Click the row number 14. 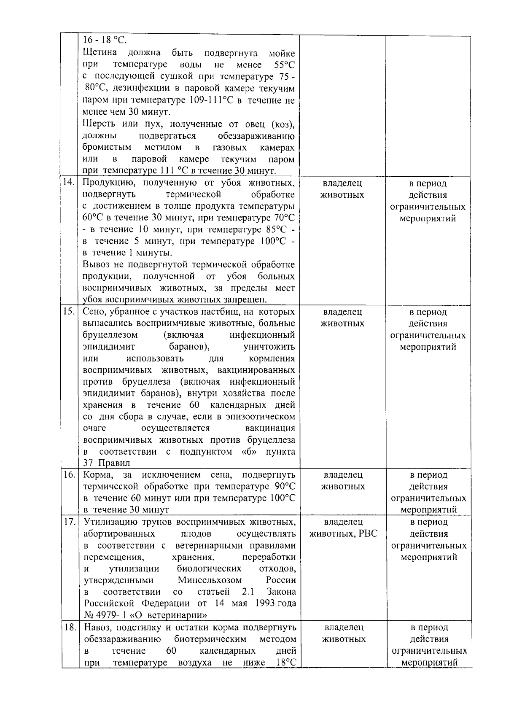(x=69, y=183)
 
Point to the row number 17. (x=69, y=522)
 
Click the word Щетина (x=100, y=53)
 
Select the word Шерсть (x=99, y=124)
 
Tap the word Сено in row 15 (x=93, y=312)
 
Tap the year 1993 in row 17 (x=265, y=604)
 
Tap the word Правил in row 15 (x=109, y=463)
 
